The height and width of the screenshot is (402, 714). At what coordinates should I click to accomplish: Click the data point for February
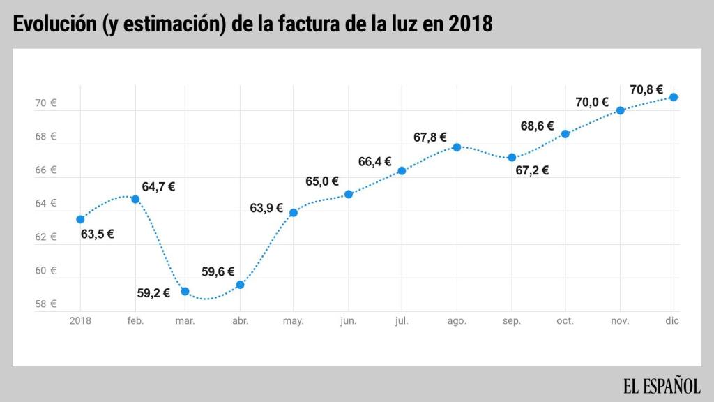point(135,199)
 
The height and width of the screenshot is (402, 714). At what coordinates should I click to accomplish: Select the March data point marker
point(185,291)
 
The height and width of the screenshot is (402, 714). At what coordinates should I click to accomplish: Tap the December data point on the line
point(674,97)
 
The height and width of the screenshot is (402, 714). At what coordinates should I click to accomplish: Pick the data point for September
point(512,158)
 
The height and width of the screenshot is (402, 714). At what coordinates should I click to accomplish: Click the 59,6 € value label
point(218,272)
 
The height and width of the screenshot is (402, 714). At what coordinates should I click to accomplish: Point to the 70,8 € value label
point(646,89)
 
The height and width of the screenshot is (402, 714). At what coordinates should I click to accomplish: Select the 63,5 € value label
point(97,234)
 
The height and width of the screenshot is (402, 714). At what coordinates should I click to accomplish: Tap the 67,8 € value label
point(430,137)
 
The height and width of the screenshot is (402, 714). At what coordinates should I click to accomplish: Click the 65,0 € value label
point(321,181)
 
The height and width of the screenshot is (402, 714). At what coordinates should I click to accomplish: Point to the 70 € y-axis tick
point(45,103)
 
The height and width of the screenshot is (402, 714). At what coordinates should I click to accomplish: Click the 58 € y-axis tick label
point(45,304)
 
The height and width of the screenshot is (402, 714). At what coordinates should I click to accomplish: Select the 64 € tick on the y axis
point(45,204)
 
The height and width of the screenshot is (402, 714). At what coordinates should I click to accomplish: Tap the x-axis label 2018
point(80,321)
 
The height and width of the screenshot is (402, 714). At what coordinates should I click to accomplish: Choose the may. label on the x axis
point(293,321)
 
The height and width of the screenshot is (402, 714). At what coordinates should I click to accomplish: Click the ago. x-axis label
point(457,321)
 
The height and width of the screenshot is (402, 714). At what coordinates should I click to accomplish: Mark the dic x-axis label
point(672,321)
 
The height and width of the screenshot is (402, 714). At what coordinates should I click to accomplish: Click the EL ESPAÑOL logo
point(661,385)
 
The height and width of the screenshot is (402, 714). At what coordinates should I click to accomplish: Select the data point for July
point(402,170)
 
